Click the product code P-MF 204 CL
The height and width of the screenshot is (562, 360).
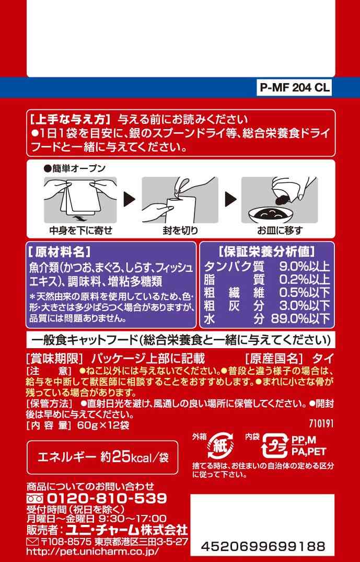(295, 88)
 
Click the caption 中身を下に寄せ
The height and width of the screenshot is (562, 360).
(81, 230)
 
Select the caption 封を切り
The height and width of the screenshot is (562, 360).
(180, 230)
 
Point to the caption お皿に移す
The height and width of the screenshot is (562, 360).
(280, 230)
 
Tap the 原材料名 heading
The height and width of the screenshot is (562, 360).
(59, 251)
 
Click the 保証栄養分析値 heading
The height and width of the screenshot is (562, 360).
(267, 251)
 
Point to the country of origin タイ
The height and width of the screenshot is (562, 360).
(323, 358)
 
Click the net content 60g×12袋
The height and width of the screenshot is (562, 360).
(106, 425)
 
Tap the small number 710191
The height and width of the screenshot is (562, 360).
(321, 423)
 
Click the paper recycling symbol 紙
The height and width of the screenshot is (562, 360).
(220, 445)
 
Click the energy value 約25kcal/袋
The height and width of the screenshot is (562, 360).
(135, 457)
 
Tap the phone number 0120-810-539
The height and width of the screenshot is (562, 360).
(107, 498)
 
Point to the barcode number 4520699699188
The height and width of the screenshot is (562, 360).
(263, 546)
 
